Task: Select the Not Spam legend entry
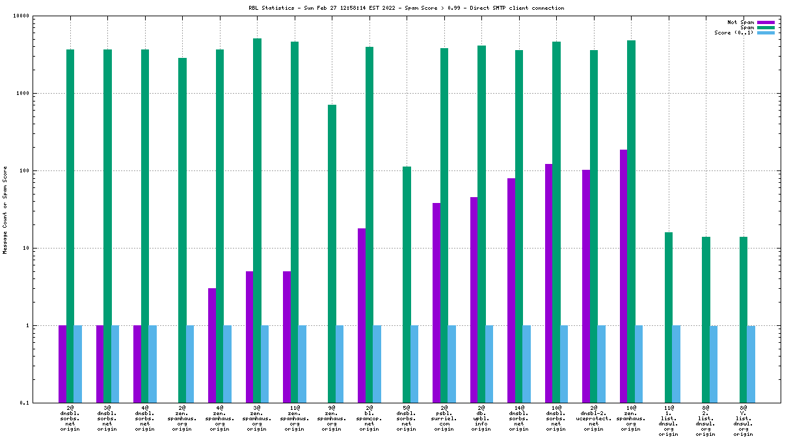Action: click(741, 22)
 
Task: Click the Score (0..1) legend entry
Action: click(734, 33)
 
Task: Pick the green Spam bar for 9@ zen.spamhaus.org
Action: click(332, 254)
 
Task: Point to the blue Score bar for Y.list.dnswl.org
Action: click(751, 364)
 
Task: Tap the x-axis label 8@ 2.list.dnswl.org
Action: click(705, 420)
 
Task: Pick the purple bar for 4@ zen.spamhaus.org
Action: click(212, 345)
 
